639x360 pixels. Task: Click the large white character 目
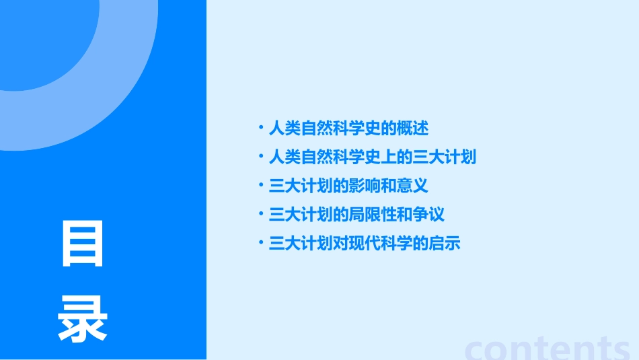pos(83,243)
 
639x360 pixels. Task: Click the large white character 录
pos(83,320)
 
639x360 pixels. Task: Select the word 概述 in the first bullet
pos(412,128)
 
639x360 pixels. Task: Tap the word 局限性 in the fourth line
pos(372,215)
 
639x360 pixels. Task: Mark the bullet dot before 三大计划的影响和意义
pos(261,185)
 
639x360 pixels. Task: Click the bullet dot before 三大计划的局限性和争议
pos(261,214)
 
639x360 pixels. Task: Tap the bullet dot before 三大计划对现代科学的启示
pos(261,243)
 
